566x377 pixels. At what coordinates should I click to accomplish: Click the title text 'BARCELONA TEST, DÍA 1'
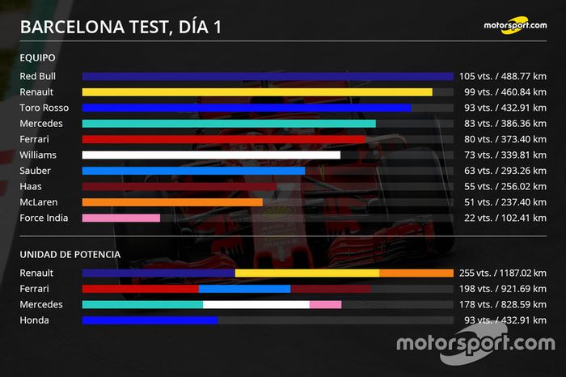[121, 27]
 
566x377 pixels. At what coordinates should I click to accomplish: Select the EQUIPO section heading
[38, 58]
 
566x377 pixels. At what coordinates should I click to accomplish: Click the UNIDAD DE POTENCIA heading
[70, 254]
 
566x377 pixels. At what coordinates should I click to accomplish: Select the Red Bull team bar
[268, 76]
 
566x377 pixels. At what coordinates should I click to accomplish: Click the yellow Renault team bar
[257, 92]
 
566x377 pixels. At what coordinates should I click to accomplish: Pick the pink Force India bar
[121, 218]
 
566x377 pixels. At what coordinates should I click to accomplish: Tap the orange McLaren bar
[172, 202]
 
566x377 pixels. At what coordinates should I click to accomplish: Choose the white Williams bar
[211, 155]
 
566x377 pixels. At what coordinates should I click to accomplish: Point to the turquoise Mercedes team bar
[229, 124]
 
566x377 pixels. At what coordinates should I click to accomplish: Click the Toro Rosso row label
[44, 108]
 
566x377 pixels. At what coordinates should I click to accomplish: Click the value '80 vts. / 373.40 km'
[502, 139]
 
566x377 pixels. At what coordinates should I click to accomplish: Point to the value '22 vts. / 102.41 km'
[502, 218]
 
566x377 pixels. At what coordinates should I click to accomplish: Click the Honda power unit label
[34, 320]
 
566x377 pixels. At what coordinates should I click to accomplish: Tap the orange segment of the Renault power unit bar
[416, 273]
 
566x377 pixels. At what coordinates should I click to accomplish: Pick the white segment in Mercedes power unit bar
[256, 304]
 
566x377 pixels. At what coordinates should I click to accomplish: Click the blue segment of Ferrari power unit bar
[244, 289]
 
